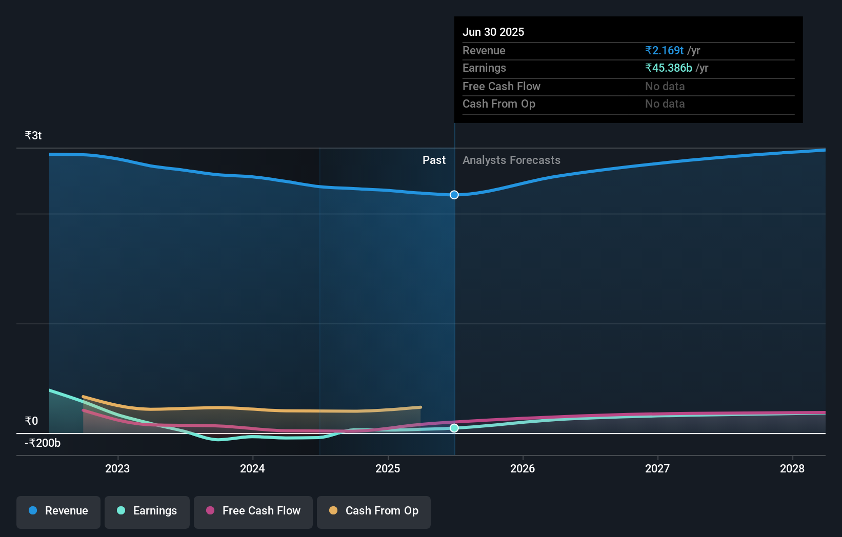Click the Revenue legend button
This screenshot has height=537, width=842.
[x=58, y=511]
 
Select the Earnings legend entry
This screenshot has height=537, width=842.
[x=147, y=511]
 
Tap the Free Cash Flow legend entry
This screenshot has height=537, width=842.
[x=253, y=511]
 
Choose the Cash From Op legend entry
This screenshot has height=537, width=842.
[x=374, y=511]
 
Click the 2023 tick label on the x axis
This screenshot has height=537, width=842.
[x=117, y=468]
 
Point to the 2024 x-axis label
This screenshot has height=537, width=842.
[x=252, y=468]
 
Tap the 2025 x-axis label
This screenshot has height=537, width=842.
[x=388, y=468]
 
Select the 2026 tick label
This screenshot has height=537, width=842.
[x=523, y=468]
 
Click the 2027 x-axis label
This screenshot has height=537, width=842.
[x=657, y=468]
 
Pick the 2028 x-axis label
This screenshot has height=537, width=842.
[x=792, y=468]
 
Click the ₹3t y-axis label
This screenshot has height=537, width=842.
[x=33, y=135]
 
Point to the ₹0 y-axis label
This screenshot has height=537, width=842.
[x=31, y=421]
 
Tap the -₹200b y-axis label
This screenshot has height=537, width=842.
[x=43, y=443]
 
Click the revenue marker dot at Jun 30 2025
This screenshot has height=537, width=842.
[x=454, y=195]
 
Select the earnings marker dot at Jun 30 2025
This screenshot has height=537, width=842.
[x=454, y=428]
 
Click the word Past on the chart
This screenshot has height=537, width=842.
[x=434, y=160]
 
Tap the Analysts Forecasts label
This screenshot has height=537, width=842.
[x=511, y=160]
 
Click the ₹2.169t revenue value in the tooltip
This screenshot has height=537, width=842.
[x=664, y=50]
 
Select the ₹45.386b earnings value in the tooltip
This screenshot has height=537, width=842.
[x=669, y=68]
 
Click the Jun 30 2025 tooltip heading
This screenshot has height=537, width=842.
[x=493, y=32]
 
